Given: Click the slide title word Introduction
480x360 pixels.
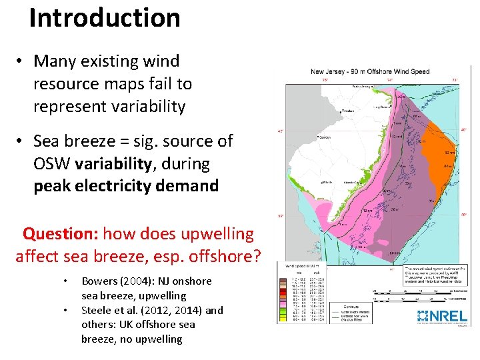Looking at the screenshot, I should pos(105,17).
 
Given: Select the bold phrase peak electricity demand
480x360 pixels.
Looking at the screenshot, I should pos(126,185).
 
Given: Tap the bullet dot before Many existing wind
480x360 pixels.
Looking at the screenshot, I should pos(22,61).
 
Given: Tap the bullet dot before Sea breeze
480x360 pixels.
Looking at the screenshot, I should pos(22,141).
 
